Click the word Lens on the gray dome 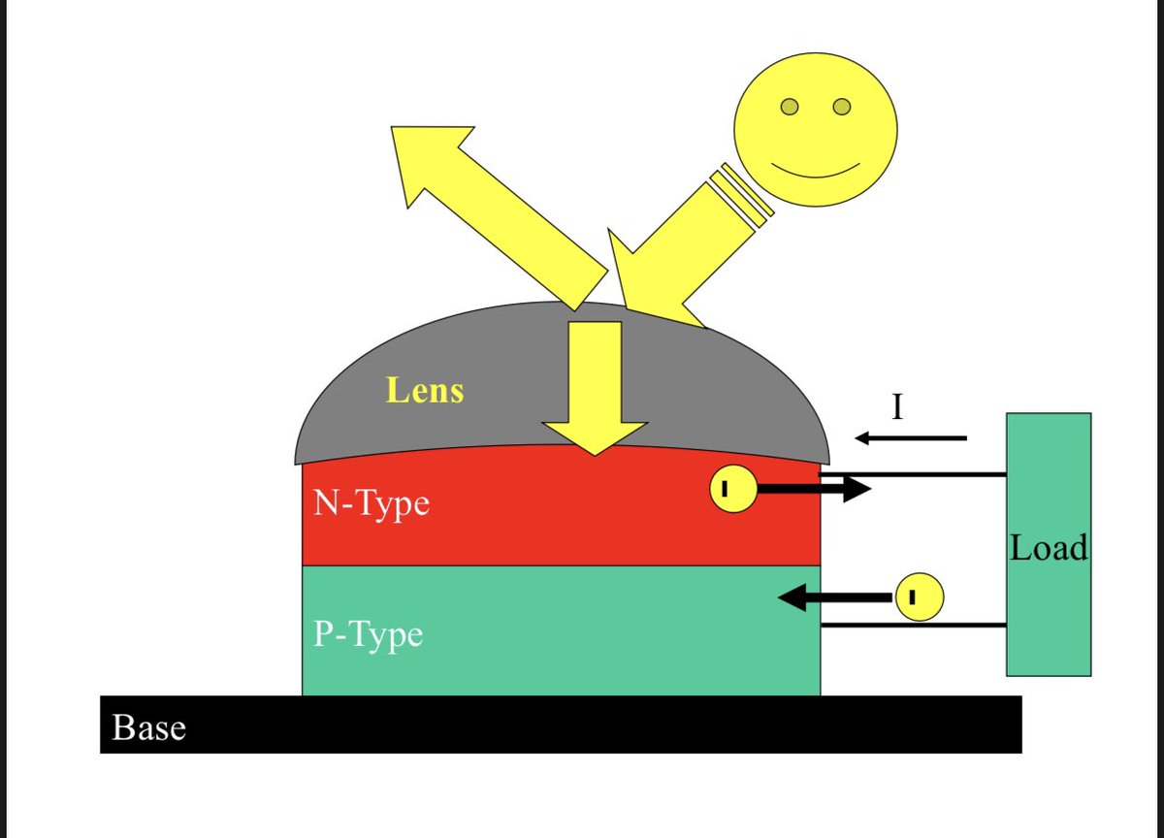425,390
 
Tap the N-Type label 371,503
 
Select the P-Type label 368,634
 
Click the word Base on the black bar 148,727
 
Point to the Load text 1049,549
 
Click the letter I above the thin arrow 897,406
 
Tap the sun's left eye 791,106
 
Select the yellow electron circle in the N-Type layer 732,490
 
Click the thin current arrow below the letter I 911,438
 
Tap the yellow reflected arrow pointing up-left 485,204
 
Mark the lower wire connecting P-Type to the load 912,626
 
